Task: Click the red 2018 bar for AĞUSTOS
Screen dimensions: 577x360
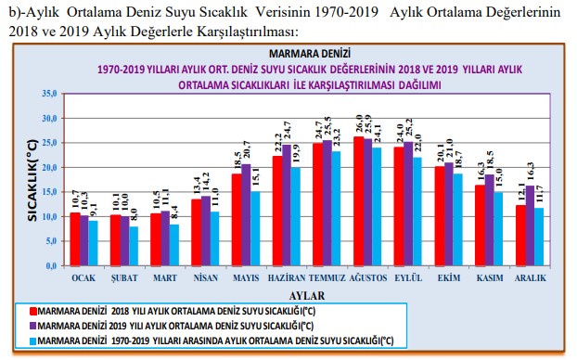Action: pos(358,201)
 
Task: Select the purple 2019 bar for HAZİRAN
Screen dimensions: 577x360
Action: pos(287,205)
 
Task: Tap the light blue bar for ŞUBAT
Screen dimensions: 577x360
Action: pos(134,246)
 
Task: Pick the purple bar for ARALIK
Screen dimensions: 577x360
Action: pos(530,225)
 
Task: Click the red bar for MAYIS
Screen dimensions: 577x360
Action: pos(237,220)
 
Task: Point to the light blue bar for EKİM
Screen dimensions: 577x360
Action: pos(457,219)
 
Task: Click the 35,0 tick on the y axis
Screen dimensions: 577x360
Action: pos(49,94)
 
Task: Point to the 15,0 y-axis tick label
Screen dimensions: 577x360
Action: pos(49,192)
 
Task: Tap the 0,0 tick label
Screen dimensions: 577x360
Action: pos(51,265)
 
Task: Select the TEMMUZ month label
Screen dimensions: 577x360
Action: pos(327,278)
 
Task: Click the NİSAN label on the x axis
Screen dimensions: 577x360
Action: pos(206,278)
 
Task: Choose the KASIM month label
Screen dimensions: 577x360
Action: pos(490,278)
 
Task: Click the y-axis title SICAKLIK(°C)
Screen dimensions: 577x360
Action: pos(32,180)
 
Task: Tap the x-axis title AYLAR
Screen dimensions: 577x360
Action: pos(307,296)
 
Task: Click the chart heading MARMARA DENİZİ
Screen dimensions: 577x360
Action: pos(310,54)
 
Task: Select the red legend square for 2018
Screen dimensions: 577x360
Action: pos(32,311)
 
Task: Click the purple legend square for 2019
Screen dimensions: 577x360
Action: pos(32,326)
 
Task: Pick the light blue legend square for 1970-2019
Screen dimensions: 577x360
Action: pos(32,341)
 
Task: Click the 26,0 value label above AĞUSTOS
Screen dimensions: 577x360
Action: pos(359,124)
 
